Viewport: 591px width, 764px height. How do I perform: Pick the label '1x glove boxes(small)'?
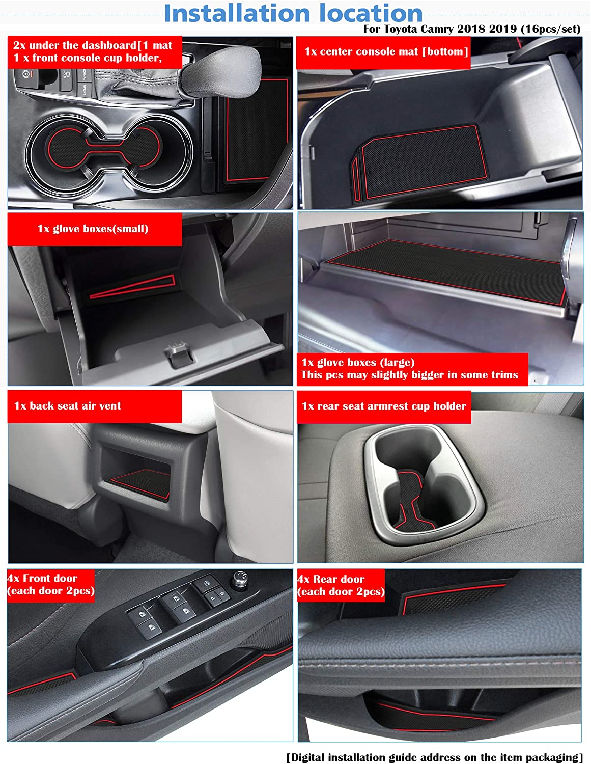(x=93, y=229)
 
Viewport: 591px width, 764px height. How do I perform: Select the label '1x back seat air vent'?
(x=67, y=406)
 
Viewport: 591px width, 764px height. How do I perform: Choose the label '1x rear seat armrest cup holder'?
(x=384, y=406)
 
